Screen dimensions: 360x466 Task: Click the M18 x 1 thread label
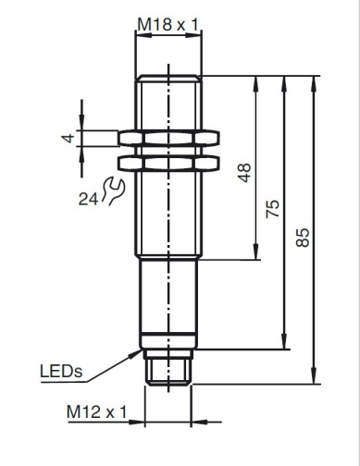(168, 24)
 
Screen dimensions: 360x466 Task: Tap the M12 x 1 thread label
(96, 411)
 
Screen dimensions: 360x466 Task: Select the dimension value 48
(244, 173)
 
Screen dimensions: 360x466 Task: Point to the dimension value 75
(273, 209)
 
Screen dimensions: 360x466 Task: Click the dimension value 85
(303, 238)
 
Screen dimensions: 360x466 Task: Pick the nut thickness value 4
(68, 138)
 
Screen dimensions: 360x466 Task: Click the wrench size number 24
(88, 199)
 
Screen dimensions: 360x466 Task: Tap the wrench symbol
(113, 190)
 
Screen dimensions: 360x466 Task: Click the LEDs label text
(61, 372)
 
